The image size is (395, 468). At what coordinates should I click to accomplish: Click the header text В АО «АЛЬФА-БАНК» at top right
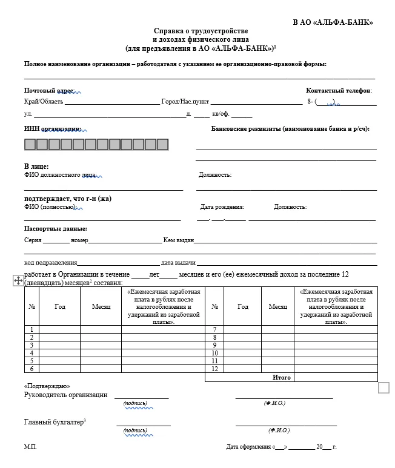[x=333, y=22]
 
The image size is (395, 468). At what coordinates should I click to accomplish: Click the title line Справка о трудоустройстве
[x=201, y=31]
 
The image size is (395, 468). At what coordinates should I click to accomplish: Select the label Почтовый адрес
[x=49, y=91]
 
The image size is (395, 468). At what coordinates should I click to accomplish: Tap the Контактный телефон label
[x=338, y=91]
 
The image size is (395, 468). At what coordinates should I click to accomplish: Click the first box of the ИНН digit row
[x=30, y=144]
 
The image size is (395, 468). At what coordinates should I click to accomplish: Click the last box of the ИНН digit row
[x=162, y=144]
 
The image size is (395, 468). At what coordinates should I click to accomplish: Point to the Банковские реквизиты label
[x=290, y=129]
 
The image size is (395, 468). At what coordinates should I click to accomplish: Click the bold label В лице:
[x=36, y=166]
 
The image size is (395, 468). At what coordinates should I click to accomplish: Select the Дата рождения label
[x=222, y=207]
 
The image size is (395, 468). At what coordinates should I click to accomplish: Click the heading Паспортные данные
[x=55, y=229]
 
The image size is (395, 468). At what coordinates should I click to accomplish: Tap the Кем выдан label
[x=178, y=240]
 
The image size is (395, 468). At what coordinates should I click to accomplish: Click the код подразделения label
[x=50, y=263]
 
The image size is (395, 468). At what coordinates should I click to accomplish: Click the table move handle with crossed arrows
[x=18, y=280]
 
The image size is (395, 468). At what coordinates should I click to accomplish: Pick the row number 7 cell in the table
[x=214, y=329]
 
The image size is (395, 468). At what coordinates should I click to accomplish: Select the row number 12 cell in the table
[x=214, y=369]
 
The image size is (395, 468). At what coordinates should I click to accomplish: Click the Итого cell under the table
[x=282, y=377]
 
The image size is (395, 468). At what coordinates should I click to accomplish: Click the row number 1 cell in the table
[x=31, y=329]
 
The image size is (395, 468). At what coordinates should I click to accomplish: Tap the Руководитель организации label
[x=65, y=395]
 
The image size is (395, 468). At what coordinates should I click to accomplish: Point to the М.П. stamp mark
[x=30, y=447]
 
